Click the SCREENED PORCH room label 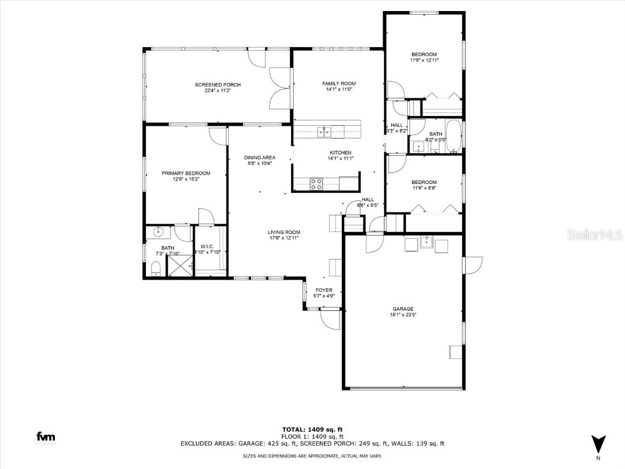point(217,84)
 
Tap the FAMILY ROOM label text point(339,84)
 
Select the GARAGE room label point(403,309)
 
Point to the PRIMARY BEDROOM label point(186,173)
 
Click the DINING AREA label point(260,157)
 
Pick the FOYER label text point(323,290)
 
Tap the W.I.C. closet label point(206,247)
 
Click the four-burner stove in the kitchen point(317,183)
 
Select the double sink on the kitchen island point(325,129)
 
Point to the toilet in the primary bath point(155,268)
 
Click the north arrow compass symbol point(599,443)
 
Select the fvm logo point(45,437)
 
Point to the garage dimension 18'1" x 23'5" point(403,316)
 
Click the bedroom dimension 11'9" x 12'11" point(424,60)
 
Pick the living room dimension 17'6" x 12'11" point(284,238)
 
